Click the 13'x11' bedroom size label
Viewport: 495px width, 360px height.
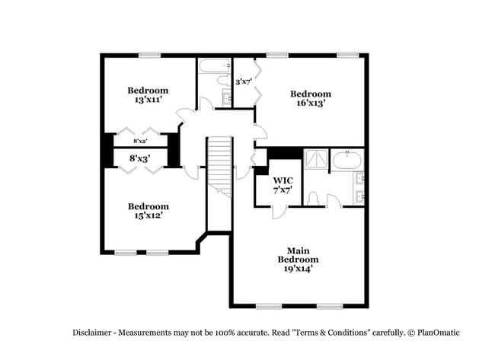click(148, 100)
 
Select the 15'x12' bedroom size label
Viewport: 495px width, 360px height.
click(148, 215)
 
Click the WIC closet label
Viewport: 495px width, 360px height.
click(283, 180)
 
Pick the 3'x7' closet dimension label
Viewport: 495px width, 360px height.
click(244, 81)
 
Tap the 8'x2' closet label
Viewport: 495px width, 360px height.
click(140, 142)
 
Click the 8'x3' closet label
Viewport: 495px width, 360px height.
click(139, 158)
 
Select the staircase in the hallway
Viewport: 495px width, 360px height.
click(219, 164)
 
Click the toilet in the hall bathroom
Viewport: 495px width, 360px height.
click(224, 79)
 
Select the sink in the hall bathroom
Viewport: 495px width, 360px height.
click(227, 97)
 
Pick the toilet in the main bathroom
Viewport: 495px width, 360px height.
click(313, 198)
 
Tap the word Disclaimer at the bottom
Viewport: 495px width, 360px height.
click(94, 333)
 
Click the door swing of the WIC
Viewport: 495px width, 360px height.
click(279, 211)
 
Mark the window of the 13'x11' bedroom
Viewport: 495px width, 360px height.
click(149, 54)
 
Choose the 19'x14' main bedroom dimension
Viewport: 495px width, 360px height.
click(297, 268)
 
